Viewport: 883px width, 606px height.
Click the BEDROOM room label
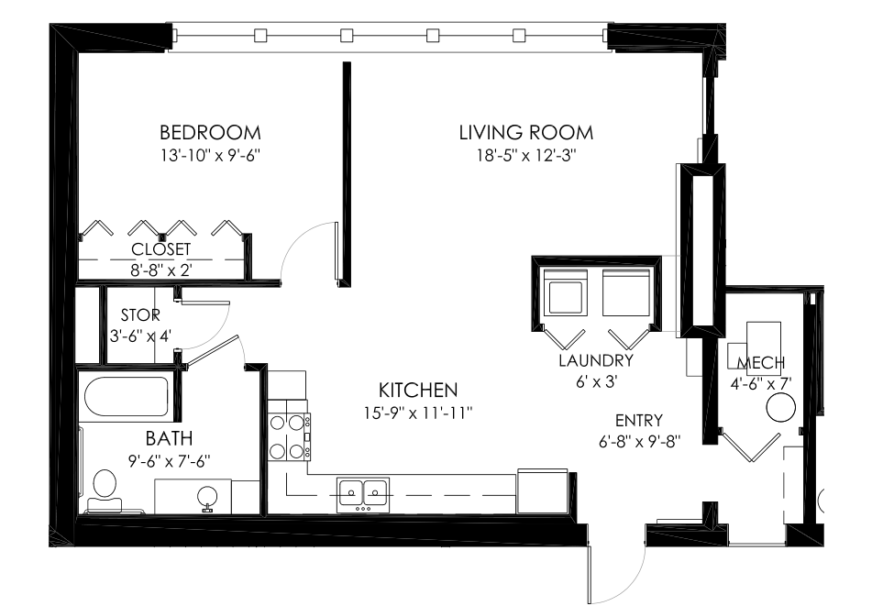click(x=209, y=133)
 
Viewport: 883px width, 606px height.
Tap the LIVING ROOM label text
click(x=525, y=133)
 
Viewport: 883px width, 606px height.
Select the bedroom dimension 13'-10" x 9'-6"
click(x=209, y=155)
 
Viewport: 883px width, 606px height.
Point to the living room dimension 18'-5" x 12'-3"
click(x=525, y=155)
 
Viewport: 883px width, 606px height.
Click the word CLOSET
click(x=161, y=249)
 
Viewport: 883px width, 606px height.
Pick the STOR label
click(x=140, y=315)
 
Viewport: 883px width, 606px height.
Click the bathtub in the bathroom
click(x=126, y=397)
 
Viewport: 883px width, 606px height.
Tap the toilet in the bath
click(x=104, y=487)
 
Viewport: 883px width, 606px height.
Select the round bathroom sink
click(x=207, y=496)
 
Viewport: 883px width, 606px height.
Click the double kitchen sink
click(x=363, y=492)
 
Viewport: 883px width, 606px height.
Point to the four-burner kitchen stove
click(x=288, y=436)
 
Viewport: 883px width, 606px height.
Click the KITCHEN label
click(x=418, y=390)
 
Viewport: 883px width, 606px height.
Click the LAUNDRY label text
click(x=596, y=361)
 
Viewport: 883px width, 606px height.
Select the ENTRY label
click(x=639, y=421)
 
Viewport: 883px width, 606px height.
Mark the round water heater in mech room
click(x=780, y=406)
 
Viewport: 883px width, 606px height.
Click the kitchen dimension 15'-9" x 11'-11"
click(x=418, y=413)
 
